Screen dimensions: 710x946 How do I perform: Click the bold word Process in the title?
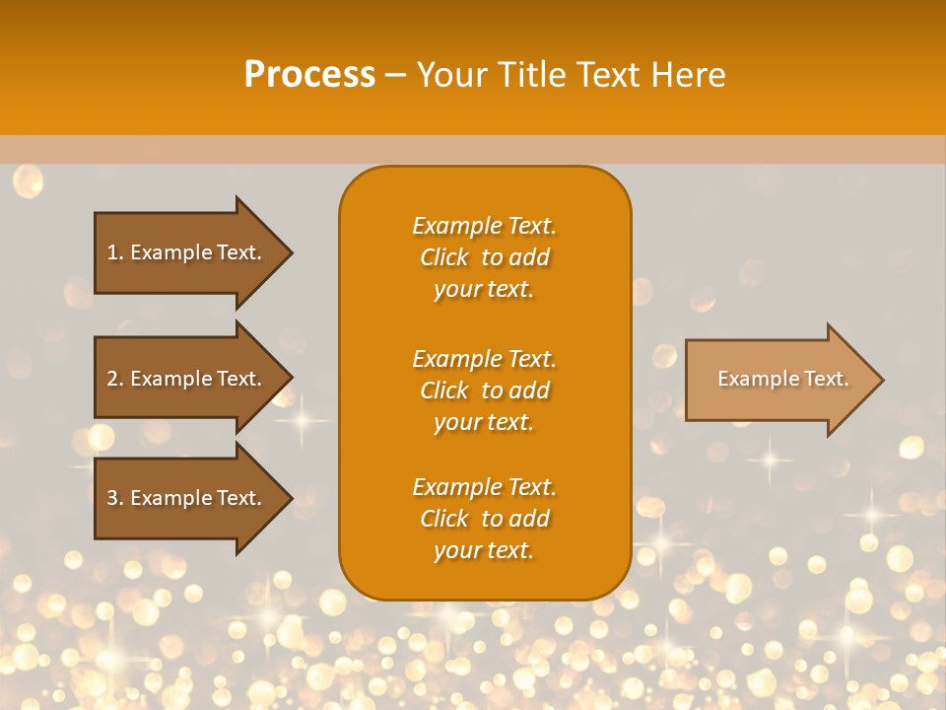pos(309,75)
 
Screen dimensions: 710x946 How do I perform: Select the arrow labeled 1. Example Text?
pos(187,252)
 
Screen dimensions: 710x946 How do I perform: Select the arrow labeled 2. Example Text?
pos(187,379)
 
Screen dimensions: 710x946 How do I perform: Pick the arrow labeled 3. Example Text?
pos(187,498)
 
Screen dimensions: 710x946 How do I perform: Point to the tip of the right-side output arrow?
pos(882,380)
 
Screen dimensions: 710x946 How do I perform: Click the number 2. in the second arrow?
pos(115,379)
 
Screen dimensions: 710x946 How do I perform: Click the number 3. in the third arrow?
pos(115,498)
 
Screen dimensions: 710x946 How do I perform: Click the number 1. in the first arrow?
pos(115,252)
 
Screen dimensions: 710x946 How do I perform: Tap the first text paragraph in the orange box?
pos(484,257)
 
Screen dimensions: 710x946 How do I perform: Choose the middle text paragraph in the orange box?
pos(484,390)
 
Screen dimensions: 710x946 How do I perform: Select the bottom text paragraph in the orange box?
pos(484,519)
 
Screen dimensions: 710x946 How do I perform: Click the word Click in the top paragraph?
pos(444,257)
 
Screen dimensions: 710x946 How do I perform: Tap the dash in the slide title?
pos(396,75)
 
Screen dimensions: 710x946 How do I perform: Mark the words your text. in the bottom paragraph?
pos(484,550)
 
